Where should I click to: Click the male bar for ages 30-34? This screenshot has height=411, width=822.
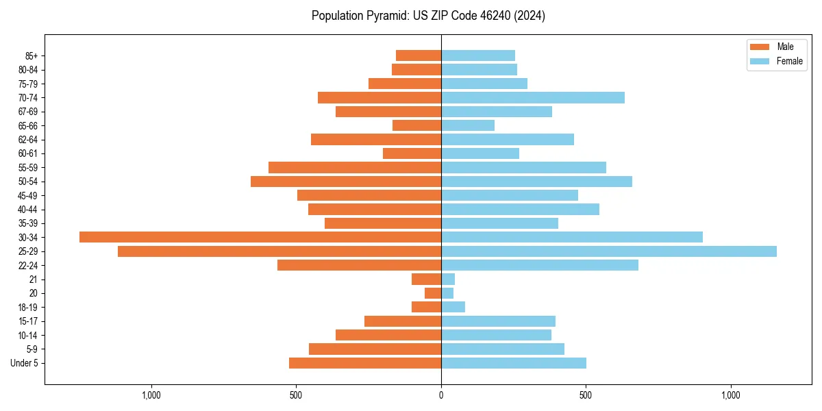(x=260, y=237)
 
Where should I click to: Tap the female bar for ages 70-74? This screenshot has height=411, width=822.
(x=532, y=97)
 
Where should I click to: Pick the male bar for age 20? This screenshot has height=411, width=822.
(x=433, y=293)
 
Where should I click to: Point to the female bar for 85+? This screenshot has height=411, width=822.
(x=477, y=55)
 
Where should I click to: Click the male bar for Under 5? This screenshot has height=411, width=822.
(x=365, y=363)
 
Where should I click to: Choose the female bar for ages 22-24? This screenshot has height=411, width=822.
(x=539, y=265)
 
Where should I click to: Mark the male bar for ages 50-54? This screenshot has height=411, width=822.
(x=346, y=182)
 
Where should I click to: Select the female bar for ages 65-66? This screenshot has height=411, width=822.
(x=467, y=125)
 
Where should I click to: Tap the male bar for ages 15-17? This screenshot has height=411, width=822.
(x=403, y=321)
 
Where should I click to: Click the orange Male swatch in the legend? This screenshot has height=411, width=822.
(x=760, y=47)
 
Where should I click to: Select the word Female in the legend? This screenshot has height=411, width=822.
(x=789, y=61)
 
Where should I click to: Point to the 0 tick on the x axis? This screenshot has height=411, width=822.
(x=441, y=395)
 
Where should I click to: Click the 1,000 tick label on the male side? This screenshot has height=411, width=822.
(x=151, y=395)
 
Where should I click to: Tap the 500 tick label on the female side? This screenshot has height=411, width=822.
(x=586, y=395)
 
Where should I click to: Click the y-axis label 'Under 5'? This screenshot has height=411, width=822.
(x=24, y=363)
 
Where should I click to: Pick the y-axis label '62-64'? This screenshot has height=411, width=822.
(x=28, y=140)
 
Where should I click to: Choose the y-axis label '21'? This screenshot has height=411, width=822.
(x=34, y=279)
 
